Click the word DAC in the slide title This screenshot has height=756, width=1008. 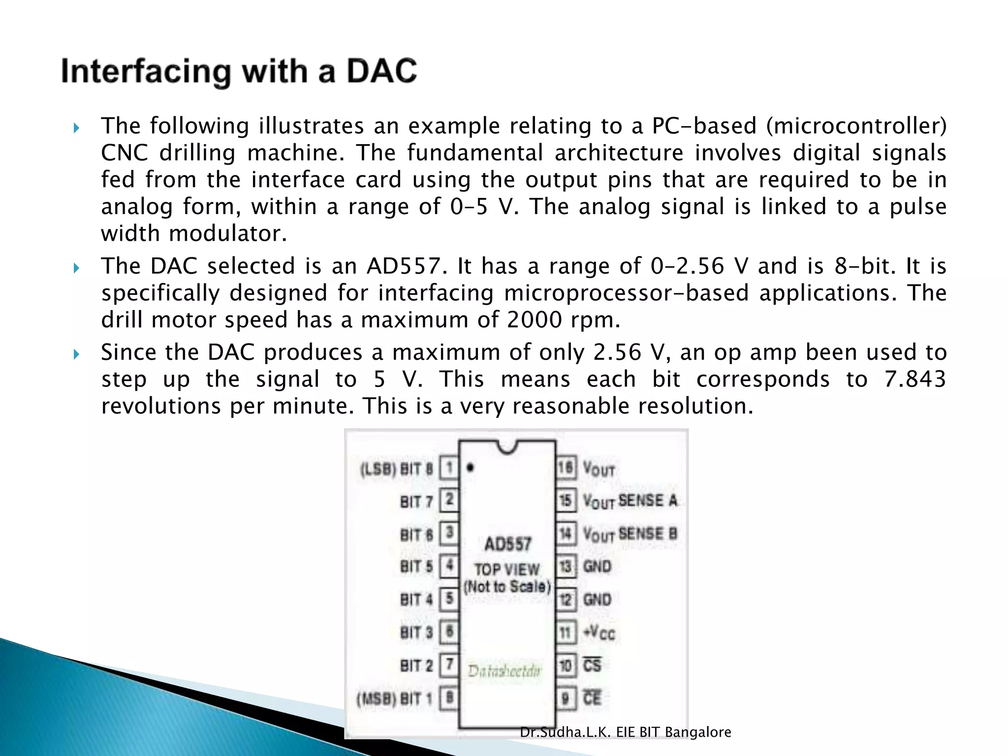pos(381,71)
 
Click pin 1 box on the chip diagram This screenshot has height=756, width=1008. pos(449,468)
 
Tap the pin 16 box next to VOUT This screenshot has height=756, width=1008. pos(566,468)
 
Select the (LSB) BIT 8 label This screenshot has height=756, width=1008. pos(397,469)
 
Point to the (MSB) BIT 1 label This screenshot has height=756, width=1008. pos(395,698)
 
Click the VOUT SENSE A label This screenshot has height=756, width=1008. pos(630,501)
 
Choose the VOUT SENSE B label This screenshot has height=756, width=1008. pos(630,534)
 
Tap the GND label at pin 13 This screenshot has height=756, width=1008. pos(597,567)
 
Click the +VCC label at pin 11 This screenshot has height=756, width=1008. pos(599,632)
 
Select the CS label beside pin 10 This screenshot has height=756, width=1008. pos(592,665)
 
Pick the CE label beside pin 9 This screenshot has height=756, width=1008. pos(592,698)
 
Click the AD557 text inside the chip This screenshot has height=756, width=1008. pos(508,544)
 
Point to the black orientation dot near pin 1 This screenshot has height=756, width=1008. pos(471,468)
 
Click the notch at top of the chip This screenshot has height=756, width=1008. pos(507,446)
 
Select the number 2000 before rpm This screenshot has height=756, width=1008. pos(535,320)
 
